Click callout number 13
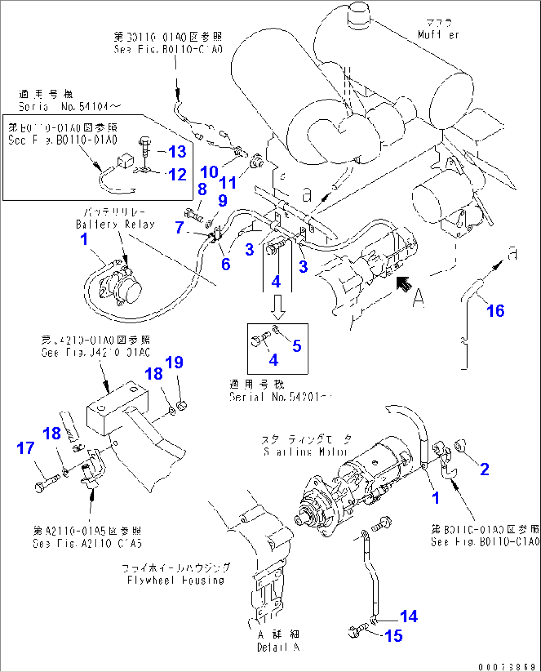click(x=177, y=151)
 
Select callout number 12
click(x=177, y=174)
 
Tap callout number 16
click(x=495, y=311)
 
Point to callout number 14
click(x=409, y=616)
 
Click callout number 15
click(x=394, y=636)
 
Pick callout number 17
click(x=25, y=448)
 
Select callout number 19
click(x=174, y=363)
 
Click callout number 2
click(x=484, y=469)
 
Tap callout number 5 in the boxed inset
click(x=296, y=346)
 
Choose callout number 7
click(x=179, y=227)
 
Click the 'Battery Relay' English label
click(x=115, y=224)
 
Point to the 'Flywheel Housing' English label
click(x=175, y=580)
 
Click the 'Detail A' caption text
click(x=278, y=647)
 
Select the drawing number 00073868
click(x=507, y=667)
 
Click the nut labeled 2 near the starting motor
click(x=460, y=446)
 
